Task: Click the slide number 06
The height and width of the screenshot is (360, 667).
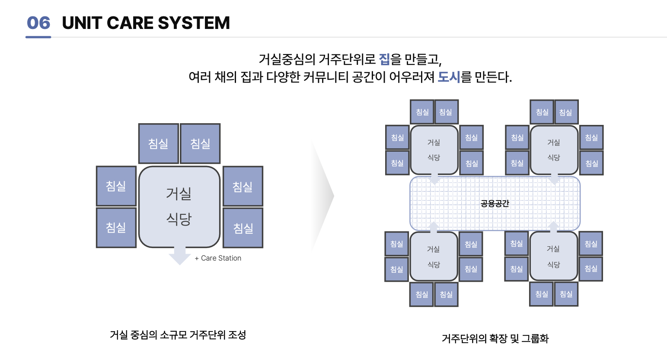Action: (38, 23)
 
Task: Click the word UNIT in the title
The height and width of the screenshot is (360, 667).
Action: (82, 23)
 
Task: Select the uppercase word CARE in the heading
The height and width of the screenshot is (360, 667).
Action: (129, 23)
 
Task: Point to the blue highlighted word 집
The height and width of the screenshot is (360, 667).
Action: (384, 59)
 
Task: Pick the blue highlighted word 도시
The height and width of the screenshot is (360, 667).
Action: (449, 77)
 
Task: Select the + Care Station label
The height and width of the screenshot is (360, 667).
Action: (218, 258)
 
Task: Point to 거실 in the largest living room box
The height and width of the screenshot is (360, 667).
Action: (179, 194)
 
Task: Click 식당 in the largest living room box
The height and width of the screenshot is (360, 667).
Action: (179, 219)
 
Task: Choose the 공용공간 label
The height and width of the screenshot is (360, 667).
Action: (495, 204)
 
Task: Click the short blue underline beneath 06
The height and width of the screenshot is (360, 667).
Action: (38, 37)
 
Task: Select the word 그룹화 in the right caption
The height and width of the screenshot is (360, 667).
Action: (535, 338)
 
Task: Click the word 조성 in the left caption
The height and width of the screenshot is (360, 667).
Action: (237, 335)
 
